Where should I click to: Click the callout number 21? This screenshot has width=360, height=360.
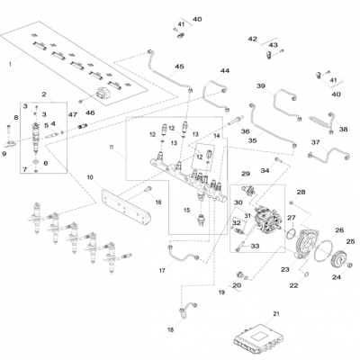(x=276, y=312)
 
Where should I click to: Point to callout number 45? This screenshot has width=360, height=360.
(x=179, y=67)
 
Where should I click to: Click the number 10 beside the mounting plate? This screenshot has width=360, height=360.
(x=90, y=178)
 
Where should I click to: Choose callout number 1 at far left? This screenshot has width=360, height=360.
(x=10, y=63)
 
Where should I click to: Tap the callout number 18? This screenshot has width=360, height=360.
(x=169, y=330)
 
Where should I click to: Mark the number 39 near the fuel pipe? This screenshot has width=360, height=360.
(x=260, y=86)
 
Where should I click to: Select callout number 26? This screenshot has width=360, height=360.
(x=339, y=229)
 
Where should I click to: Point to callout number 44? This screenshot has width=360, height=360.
(x=225, y=70)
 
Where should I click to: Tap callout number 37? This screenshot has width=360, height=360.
(x=315, y=142)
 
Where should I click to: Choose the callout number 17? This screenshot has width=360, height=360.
(x=163, y=270)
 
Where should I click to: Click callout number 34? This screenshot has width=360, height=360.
(x=265, y=170)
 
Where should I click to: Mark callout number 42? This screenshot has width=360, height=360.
(x=253, y=39)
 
